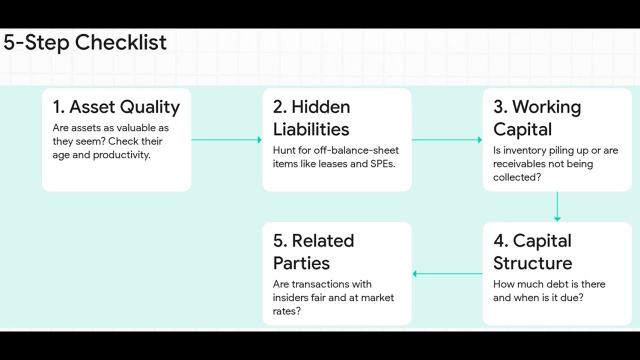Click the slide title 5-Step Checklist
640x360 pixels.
85,42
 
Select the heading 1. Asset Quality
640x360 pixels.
116,107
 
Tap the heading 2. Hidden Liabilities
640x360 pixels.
311,118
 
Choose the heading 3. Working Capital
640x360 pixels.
536,118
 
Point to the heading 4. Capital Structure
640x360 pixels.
532,252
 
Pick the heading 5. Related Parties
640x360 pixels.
313,252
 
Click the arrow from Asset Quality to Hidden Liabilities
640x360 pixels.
226,140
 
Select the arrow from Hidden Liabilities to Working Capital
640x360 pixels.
446,140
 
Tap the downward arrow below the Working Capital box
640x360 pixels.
557,206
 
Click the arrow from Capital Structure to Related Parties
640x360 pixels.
447,273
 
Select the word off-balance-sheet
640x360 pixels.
356,150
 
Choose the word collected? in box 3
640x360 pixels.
517,177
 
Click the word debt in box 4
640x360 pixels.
556,284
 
